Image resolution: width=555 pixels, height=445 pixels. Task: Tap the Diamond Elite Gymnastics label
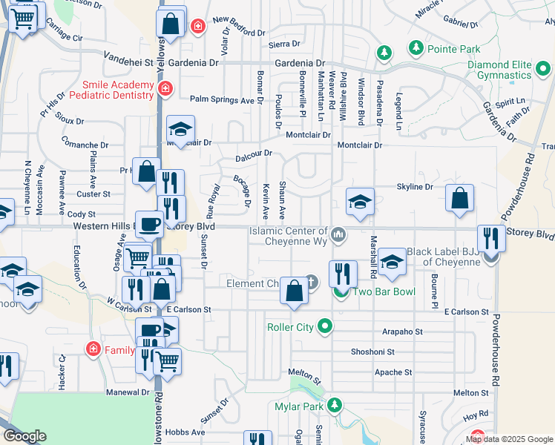(499, 70)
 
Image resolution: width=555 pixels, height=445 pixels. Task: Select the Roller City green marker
(325, 326)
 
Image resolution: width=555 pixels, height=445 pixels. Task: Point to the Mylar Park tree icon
(335, 405)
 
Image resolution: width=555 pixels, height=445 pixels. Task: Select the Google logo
(24, 436)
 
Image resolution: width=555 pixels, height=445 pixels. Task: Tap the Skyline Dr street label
(415, 187)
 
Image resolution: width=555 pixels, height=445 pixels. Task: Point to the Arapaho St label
(403, 332)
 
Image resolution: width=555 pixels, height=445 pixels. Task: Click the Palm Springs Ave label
(222, 99)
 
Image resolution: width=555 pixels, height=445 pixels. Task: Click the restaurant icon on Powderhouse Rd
(490, 238)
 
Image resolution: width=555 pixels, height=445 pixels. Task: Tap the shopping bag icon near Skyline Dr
(460, 198)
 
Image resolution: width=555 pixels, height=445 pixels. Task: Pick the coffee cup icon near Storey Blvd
(149, 223)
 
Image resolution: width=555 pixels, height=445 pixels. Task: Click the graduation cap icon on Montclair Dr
(180, 129)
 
